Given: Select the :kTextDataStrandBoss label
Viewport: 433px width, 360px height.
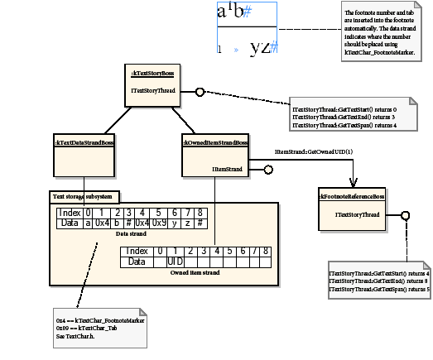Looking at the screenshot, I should (84, 142).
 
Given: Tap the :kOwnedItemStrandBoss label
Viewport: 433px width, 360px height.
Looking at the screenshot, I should (215, 142).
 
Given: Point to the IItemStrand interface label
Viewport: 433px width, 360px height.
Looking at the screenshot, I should (227, 170).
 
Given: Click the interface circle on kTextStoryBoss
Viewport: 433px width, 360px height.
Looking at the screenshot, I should (200, 91).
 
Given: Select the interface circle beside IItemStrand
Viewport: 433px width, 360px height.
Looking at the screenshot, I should (267, 170).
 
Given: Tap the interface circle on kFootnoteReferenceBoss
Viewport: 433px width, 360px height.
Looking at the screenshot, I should (405, 216).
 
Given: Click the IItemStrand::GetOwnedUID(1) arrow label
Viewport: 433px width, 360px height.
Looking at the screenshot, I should (314, 151).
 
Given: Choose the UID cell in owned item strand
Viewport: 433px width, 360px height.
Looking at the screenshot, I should (176, 262).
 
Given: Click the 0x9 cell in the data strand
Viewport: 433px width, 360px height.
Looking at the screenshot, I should (158, 223).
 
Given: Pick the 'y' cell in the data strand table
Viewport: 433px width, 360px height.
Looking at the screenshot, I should (175, 223).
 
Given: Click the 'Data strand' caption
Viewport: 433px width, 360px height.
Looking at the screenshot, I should (132, 234).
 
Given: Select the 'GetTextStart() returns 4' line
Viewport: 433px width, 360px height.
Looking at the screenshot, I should (378, 272).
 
